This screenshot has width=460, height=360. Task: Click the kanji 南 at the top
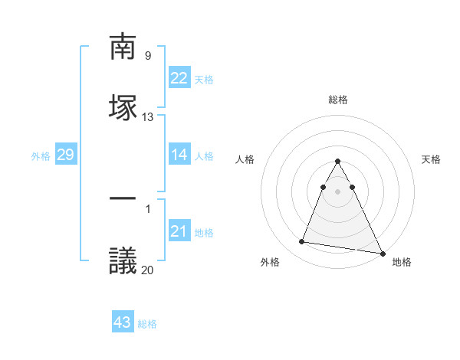(123, 47)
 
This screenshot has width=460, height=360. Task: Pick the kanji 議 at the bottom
(123, 260)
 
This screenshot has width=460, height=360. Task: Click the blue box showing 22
(179, 78)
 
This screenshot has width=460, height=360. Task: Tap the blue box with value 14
(179, 155)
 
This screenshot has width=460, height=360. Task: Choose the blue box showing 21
(179, 231)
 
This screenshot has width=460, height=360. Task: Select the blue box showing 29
(65, 155)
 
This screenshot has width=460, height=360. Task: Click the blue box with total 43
(123, 322)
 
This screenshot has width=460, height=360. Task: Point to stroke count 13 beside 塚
(148, 117)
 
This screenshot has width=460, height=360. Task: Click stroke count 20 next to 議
(148, 270)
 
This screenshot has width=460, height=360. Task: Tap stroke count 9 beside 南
(147, 55)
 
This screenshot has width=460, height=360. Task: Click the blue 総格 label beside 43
(147, 324)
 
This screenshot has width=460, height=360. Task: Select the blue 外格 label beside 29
(41, 156)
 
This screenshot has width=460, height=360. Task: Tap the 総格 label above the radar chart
(338, 100)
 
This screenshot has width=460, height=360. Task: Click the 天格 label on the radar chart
(431, 159)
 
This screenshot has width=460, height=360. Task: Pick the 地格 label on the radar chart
(402, 262)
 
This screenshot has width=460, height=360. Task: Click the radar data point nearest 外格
(302, 242)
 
